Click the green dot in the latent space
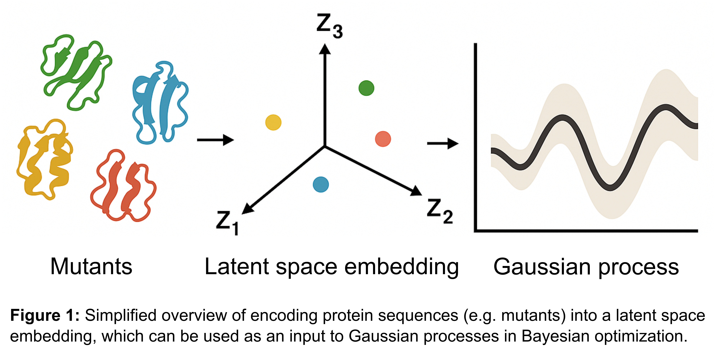coord(366,88)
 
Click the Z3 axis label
coord(329,26)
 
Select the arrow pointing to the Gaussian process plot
coord(442,144)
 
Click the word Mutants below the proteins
coord(91,267)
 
